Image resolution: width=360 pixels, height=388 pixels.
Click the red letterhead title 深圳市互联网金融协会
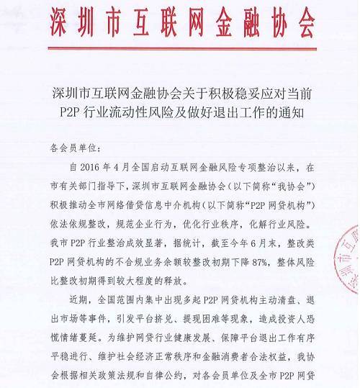(180, 21)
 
